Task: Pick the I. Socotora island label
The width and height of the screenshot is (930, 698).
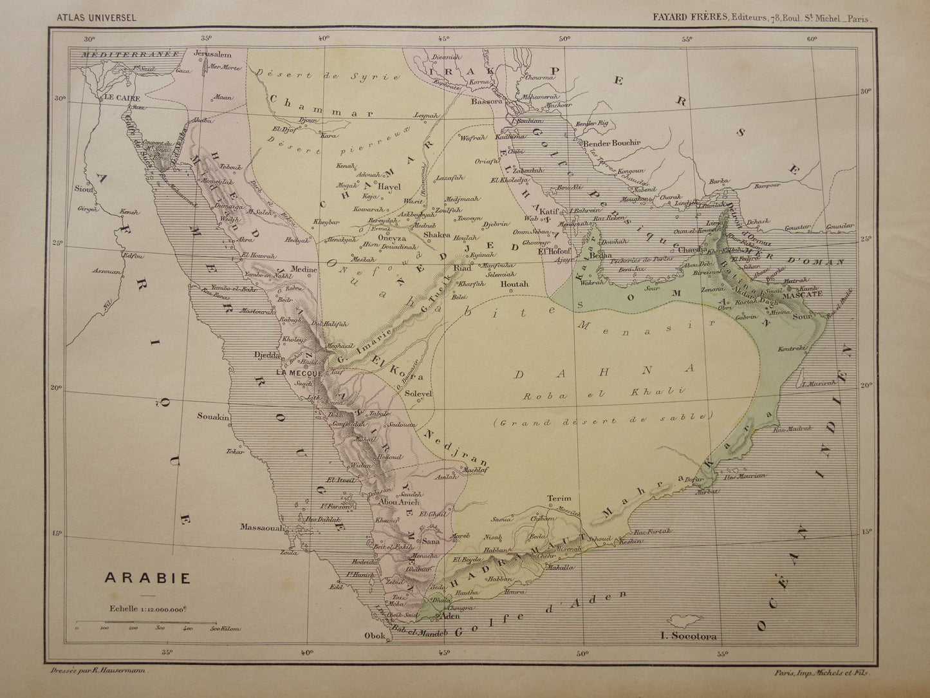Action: click(x=688, y=637)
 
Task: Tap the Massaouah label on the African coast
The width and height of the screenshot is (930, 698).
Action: click(x=262, y=527)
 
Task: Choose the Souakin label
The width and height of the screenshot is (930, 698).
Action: click(x=214, y=417)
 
